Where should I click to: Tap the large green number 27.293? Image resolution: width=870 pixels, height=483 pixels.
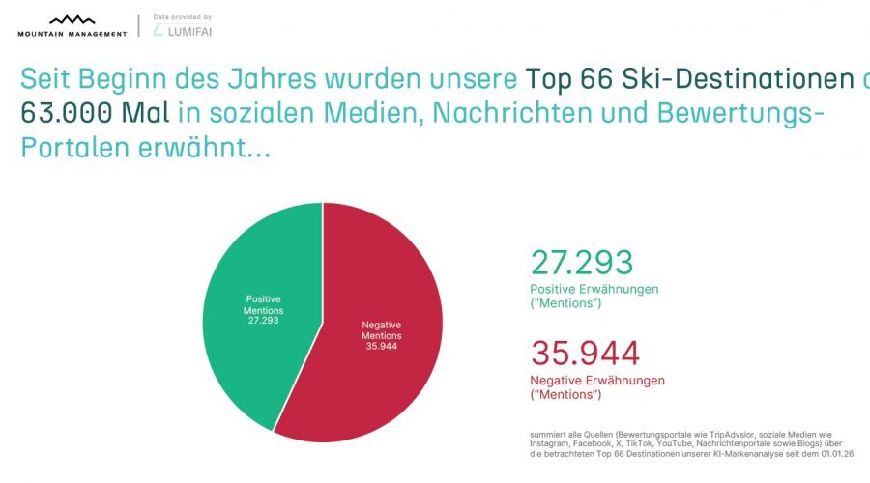point(581,263)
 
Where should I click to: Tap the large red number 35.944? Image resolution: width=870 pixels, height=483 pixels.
point(585,354)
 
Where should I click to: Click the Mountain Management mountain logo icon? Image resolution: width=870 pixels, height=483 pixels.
point(72,19)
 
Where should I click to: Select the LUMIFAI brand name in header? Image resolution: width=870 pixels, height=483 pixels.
point(188,32)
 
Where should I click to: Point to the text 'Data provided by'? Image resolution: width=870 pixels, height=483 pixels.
point(182,16)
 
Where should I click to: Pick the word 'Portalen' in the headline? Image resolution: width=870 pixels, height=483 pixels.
point(69,149)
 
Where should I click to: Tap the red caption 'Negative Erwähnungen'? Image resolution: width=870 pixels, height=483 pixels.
point(597,381)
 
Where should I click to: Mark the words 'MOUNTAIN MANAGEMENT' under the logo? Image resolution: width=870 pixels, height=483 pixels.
point(72,34)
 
